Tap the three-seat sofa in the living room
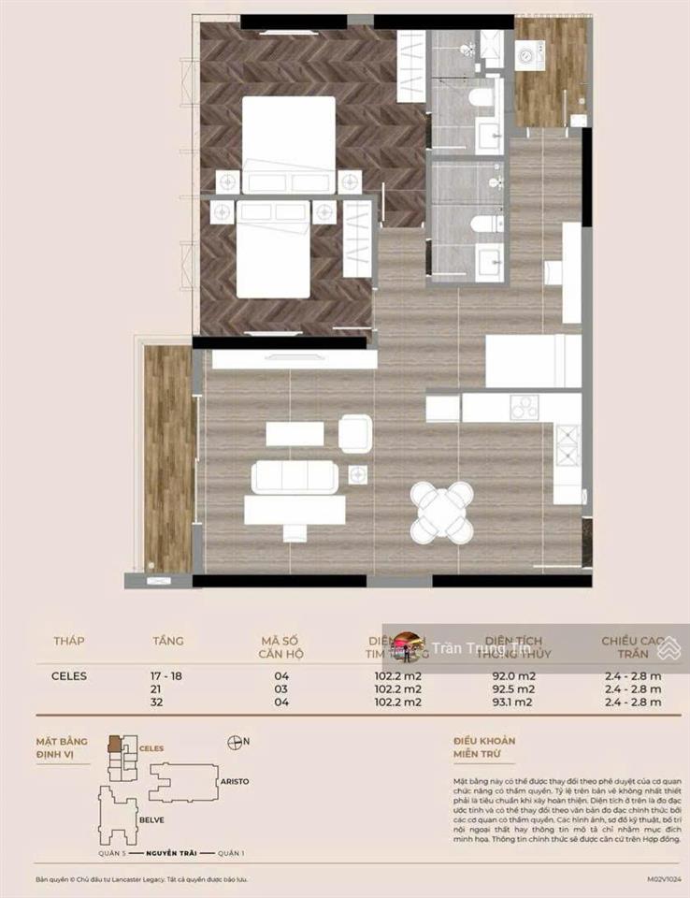(295, 477)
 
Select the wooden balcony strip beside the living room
(168, 458)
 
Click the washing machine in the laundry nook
(530, 56)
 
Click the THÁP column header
(68, 641)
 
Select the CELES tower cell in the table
(69, 675)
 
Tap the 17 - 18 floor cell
(168, 675)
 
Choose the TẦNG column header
(168, 641)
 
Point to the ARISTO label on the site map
(234, 780)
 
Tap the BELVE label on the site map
(151, 819)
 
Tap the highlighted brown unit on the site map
(114, 745)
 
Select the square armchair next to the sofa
(355, 433)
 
